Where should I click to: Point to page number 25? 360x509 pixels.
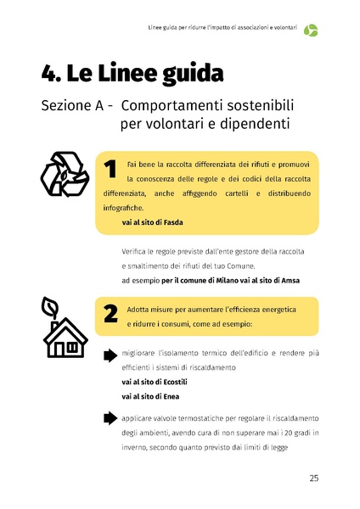pyautogui.click(x=313, y=479)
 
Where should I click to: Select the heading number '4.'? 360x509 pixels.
pyautogui.click(x=53, y=74)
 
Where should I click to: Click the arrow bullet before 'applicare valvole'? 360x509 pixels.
pyautogui.click(x=110, y=418)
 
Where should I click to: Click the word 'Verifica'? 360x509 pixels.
pyautogui.click(x=140, y=254)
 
